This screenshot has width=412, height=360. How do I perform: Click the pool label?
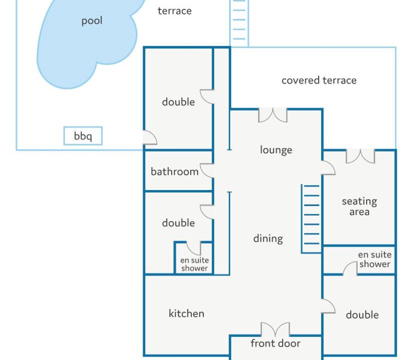[x=92, y=21]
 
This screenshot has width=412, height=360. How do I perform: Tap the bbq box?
[x=83, y=136]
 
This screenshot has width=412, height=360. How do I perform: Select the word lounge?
[x=276, y=150]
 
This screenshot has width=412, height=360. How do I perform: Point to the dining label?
[x=268, y=238]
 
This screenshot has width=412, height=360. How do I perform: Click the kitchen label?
[x=186, y=313]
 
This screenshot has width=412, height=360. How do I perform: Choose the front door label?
[x=275, y=343]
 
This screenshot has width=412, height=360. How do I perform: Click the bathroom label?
[x=174, y=171]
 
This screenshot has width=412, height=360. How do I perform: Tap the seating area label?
[x=360, y=206]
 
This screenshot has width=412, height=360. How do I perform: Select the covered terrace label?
[x=319, y=80]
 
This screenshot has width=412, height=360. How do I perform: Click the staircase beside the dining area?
[x=311, y=218]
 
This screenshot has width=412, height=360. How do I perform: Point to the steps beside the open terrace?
[x=239, y=23]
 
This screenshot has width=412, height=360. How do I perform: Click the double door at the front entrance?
[x=275, y=329]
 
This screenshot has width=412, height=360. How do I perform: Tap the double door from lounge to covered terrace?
[x=273, y=115]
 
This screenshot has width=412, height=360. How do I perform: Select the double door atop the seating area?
[x=360, y=156]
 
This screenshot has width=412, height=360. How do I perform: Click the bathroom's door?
[x=207, y=170]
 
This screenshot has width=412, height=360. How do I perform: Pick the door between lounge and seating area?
[x=328, y=167]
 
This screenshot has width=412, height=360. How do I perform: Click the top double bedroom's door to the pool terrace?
[x=150, y=137]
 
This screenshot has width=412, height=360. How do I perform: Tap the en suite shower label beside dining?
[x=194, y=264]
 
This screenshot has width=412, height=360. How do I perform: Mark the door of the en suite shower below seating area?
[x=350, y=268]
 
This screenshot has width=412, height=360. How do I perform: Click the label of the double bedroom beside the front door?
[x=362, y=314]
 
